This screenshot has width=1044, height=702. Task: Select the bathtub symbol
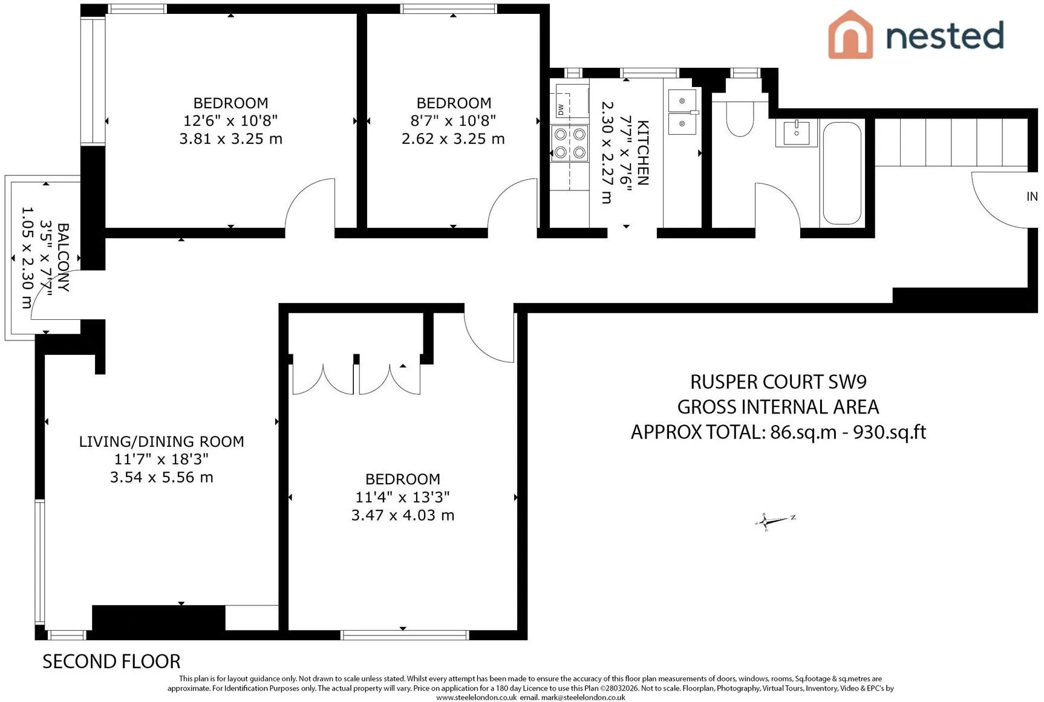842,173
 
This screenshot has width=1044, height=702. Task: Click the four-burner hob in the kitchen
569,143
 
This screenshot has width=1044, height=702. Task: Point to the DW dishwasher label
561,109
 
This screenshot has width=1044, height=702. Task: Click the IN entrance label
1032,197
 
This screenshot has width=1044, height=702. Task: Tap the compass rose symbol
775,520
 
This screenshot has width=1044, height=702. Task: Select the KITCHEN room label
643,152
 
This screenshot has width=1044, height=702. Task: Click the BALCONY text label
63,258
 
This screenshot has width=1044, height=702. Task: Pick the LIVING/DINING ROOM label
161,441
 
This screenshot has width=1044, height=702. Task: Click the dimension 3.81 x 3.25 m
230,139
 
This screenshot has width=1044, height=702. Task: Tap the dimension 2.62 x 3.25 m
453,139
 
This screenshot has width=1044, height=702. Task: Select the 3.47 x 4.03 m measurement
403,515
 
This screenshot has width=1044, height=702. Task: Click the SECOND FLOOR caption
111,661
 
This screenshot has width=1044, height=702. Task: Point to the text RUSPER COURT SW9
778,382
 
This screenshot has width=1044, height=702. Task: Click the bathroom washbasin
797,132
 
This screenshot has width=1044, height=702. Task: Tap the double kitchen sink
683,112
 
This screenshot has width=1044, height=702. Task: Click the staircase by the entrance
951,142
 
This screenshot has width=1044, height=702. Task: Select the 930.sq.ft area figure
889,432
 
